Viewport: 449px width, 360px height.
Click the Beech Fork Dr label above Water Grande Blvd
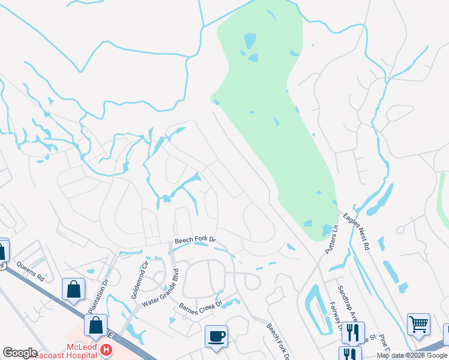tap(195, 241)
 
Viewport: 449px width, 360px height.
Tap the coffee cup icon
tap(215, 335)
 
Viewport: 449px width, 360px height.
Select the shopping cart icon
tap(418, 324)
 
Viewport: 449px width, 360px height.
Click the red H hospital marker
tap(106, 349)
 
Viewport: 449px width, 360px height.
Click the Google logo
tap(20, 352)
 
